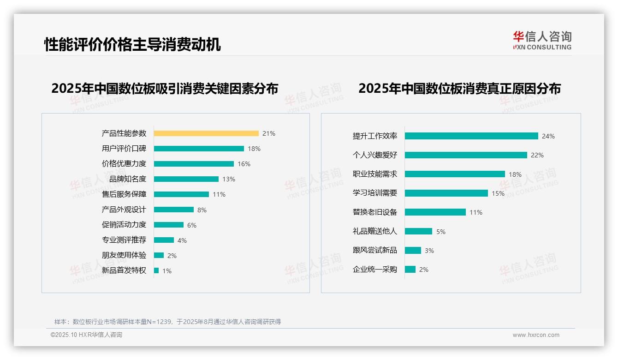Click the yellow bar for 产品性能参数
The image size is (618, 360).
coord(206,133)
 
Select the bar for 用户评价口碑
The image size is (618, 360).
coord(199,149)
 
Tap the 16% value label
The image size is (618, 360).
coord(244,164)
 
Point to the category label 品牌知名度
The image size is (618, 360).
coord(128,179)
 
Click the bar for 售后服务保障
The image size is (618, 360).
coord(181,194)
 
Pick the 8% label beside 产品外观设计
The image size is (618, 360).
coord(202,210)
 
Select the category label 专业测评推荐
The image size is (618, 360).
coord(124,240)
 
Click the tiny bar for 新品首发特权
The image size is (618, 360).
coord(156,270)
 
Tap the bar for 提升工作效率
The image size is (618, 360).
coord(471,136)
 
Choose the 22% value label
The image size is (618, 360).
coord(537,155)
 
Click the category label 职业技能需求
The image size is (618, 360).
coord(375,174)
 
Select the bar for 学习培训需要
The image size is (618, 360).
coord(446,193)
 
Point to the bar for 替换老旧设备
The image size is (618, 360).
coord(435,212)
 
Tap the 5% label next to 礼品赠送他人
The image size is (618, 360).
coord(441,232)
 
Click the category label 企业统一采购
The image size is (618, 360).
coord(375,270)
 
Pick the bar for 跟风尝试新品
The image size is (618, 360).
coord(413,250)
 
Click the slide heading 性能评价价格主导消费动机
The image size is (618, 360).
coord(132,44)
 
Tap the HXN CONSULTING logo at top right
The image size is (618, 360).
coord(542,41)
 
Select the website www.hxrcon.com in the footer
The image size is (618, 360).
coord(536,335)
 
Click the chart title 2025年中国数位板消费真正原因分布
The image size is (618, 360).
coord(459,88)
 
